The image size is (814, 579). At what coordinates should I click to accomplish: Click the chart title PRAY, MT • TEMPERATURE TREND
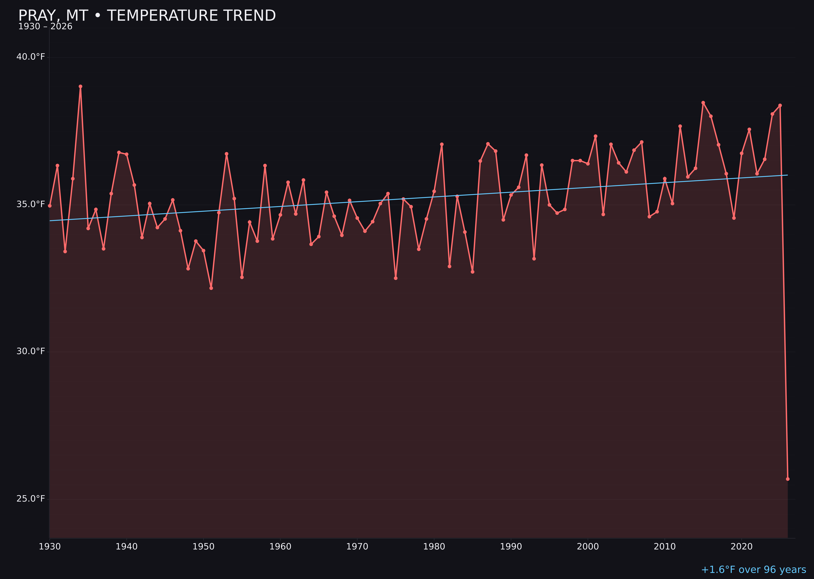tap(147, 16)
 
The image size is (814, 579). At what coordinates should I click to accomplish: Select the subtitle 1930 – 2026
tap(45, 27)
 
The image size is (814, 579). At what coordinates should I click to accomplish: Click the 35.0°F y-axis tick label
tap(31, 204)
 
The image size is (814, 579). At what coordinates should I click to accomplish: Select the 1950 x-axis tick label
tap(203, 547)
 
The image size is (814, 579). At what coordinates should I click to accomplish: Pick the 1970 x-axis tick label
tap(357, 547)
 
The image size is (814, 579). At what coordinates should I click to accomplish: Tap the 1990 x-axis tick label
tap(511, 547)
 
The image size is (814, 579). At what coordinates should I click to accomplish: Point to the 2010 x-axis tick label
tap(665, 547)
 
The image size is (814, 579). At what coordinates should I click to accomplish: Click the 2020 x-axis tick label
tap(742, 547)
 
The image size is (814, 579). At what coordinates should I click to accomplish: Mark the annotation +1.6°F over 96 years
tap(753, 570)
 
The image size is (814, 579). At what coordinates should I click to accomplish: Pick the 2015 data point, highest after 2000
tap(703, 103)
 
